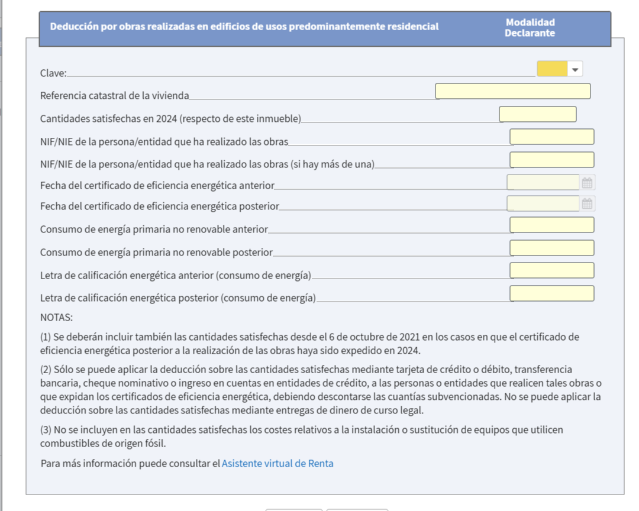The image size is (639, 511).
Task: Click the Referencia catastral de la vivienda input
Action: (x=512, y=91)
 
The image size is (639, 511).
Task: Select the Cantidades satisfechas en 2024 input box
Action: (x=537, y=114)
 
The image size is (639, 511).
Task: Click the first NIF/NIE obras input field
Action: (x=551, y=137)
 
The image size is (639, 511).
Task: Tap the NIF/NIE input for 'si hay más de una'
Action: (x=551, y=160)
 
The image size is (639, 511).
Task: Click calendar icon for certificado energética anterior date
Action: (x=587, y=183)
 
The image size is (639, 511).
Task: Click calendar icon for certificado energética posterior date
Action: (x=587, y=204)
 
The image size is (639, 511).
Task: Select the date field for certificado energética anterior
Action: (x=543, y=182)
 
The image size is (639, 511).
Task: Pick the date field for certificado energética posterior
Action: (x=543, y=203)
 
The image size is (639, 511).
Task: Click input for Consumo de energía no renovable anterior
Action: (x=551, y=225)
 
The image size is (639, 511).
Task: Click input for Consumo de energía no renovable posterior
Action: (x=551, y=248)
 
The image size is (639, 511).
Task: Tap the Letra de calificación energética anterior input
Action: (x=551, y=270)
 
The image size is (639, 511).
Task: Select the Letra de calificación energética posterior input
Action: (x=551, y=293)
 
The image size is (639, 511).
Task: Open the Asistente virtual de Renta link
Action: (x=277, y=464)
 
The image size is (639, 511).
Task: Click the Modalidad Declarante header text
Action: (x=530, y=28)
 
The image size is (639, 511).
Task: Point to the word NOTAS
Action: (x=56, y=318)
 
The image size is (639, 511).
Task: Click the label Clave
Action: (x=53, y=73)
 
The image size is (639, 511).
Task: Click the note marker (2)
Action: (x=46, y=370)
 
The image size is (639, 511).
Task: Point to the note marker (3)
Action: (x=46, y=430)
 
